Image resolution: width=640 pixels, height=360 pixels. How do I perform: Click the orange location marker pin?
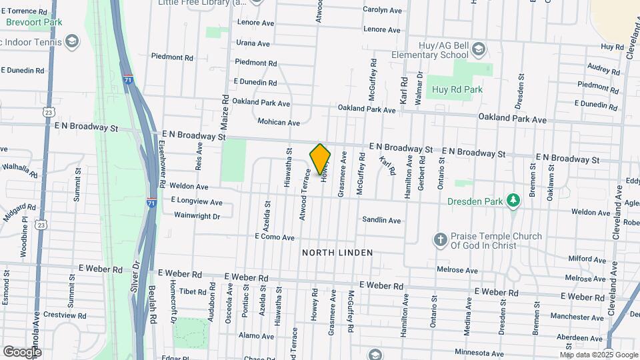pos(321,159)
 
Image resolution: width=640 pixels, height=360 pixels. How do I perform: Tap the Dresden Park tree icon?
pos(513,200)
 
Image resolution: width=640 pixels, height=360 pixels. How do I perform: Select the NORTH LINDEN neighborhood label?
pos(337,253)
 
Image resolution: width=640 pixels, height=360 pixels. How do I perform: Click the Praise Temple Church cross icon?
pos(439,239)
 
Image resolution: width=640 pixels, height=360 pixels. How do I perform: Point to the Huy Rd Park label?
pos(457,89)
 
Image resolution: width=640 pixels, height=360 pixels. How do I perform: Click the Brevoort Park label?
pos(34,22)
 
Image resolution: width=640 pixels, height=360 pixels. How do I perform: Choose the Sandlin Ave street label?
pos(381,220)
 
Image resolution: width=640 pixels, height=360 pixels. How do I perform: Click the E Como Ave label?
pos(274,237)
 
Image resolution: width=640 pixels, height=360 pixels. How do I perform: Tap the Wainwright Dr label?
pos(197,215)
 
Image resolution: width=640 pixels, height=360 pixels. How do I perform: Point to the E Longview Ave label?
pos(197,201)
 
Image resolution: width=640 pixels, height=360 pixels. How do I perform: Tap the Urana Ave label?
pos(253,43)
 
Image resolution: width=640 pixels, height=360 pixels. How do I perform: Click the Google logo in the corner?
pos(22,351)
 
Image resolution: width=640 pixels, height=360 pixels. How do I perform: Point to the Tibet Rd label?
pos(193,291)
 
